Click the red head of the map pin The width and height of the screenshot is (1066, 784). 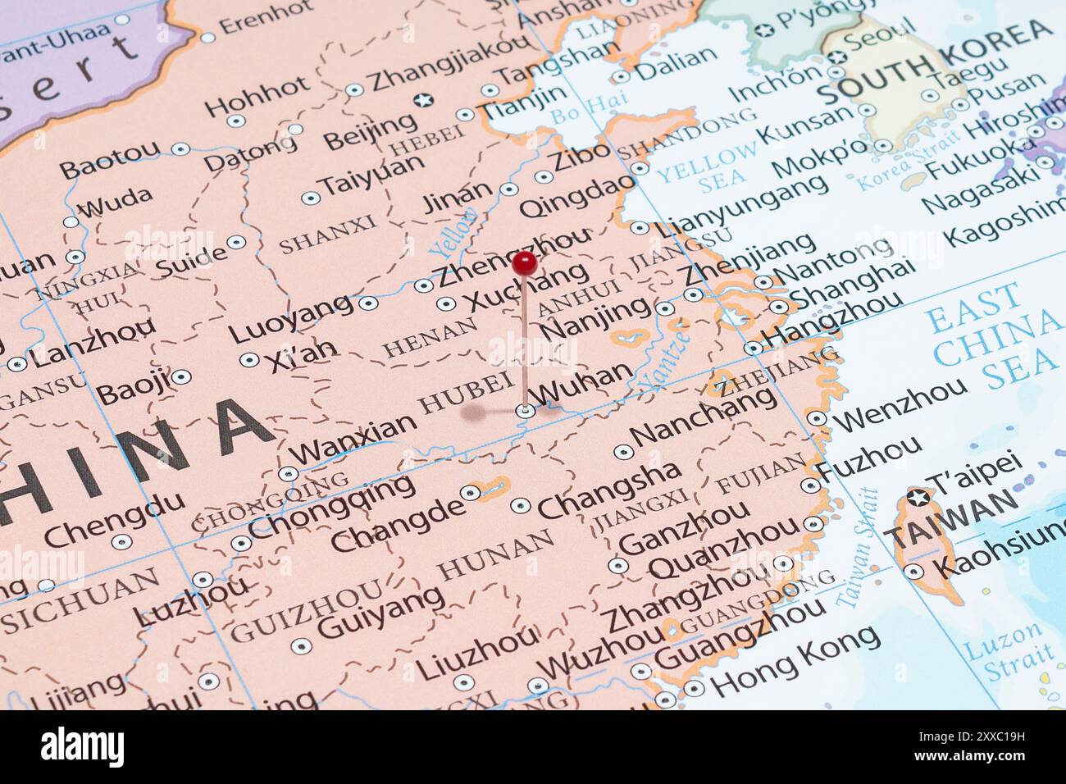(x=524, y=263)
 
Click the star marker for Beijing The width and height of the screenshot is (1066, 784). (x=423, y=101)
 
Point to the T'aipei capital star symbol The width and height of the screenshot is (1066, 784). (x=918, y=498)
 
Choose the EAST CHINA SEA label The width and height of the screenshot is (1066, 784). (x=991, y=337)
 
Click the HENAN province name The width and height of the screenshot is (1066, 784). (x=430, y=336)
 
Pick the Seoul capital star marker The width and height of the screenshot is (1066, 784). (x=836, y=57)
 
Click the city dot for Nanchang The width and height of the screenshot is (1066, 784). (x=622, y=452)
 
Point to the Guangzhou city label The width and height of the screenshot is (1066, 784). (x=740, y=635)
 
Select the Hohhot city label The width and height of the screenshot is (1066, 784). (x=257, y=97)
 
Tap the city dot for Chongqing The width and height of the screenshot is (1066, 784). (x=240, y=543)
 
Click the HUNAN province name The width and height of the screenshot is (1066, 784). (x=495, y=555)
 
